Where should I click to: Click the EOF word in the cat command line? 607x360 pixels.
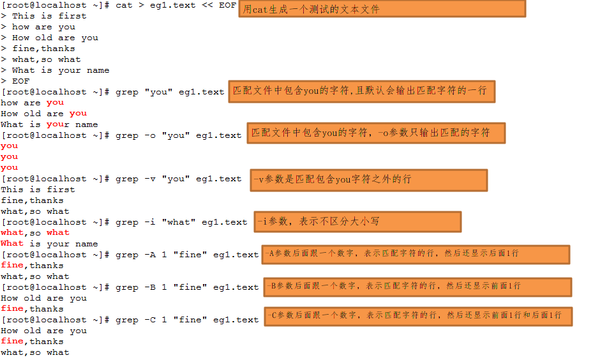tap(227, 5)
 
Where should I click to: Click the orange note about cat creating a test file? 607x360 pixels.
tap(382, 8)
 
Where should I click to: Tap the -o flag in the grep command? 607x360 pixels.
tap(150, 135)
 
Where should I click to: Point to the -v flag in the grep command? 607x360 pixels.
tap(150, 179)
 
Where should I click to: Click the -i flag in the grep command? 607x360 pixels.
tap(150, 222)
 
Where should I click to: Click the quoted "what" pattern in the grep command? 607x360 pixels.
tap(179, 222)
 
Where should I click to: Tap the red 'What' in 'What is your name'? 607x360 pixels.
tap(12, 243)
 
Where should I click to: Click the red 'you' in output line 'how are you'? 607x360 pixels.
tap(55, 103)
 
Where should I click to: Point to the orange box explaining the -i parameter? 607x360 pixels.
tap(357, 221)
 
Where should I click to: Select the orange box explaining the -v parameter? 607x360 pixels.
tap(369, 180)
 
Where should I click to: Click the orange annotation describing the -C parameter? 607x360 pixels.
tap(419, 317)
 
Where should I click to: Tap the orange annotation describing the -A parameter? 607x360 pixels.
tap(416, 255)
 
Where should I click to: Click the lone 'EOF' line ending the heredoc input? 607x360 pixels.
tap(20, 81)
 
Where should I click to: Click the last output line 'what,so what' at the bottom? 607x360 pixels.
tap(35, 352)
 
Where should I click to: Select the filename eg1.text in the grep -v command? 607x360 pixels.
tap(219, 179)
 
